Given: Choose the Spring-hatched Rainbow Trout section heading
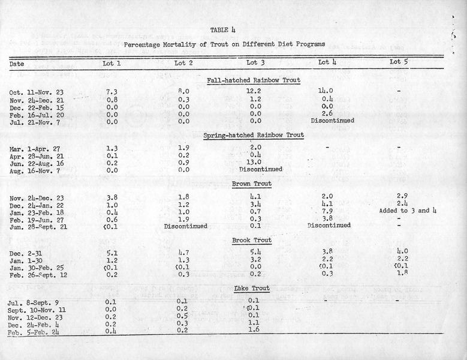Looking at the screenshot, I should point(254,135).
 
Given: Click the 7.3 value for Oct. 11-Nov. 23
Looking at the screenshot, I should point(111,91).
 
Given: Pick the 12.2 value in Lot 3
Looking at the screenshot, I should point(255,91).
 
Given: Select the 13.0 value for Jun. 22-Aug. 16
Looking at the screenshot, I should point(255,162).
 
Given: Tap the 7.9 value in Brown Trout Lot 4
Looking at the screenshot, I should point(327,211).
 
